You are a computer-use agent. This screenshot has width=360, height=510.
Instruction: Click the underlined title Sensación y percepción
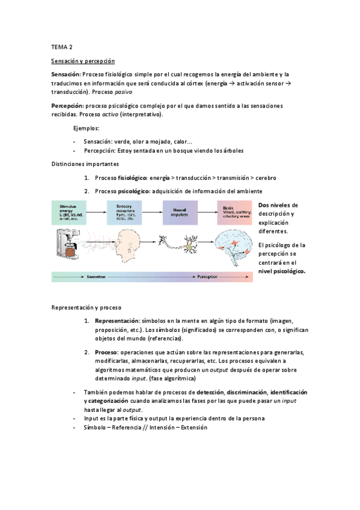point(83,61)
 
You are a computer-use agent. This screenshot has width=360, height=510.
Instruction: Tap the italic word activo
point(110,114)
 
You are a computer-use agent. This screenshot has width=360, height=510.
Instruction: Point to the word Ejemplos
point(87,128)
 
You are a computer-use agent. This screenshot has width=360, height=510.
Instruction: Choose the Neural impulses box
point(180,212)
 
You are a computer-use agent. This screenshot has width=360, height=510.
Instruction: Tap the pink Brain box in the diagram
point(234,212)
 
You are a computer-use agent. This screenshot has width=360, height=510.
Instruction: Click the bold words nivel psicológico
point(281,271)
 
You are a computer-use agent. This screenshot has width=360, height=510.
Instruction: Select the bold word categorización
point(106,400)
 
